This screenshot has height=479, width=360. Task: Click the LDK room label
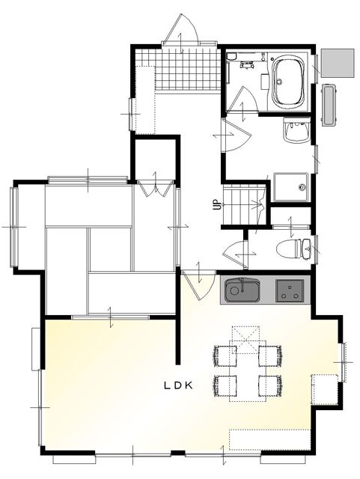tap(179, 385)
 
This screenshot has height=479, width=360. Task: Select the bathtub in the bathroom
tap(289, 82)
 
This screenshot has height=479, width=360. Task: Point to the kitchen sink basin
tap(242, 290)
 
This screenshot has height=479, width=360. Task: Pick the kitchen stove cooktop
tap(290, 290)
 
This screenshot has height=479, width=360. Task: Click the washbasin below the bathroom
tap(296, 130)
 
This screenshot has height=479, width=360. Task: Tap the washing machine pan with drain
tap(290, 187)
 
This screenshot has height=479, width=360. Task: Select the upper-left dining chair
tap(225, 356)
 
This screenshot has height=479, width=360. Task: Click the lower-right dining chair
tap(270, 386)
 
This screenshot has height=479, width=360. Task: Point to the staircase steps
tap(243, 207)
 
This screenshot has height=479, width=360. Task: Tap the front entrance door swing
tap(181, 30)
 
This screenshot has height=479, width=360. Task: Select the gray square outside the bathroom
tap(338, 63)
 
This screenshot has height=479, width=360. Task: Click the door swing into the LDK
tap(198, 286)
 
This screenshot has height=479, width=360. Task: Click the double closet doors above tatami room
tap(155, 188)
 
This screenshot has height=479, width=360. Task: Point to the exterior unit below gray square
tap(329, 105)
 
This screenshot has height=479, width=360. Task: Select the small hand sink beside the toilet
tap(307, 248)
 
